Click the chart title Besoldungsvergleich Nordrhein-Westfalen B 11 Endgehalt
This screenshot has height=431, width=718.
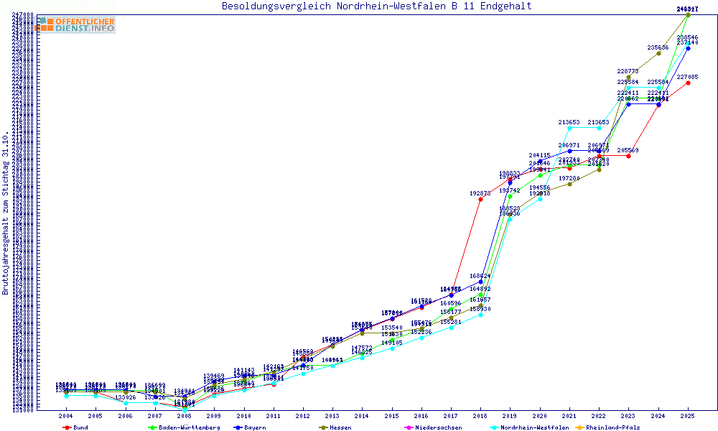click(x=377, y=6)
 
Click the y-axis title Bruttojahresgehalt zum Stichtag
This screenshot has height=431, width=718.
click(x=6, y=213)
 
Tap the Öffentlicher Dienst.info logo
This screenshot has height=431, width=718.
click(x=76, y=25)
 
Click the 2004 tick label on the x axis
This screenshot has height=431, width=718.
click(x=65, y=416)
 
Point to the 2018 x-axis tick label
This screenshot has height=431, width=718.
click(x=480, y=416)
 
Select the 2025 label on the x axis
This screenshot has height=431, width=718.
click(x=688, y=416)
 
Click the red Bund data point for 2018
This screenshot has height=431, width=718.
click(x=480, y=199)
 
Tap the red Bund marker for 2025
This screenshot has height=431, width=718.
click(x=688, y=83)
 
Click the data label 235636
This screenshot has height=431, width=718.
click(x=658, y=47)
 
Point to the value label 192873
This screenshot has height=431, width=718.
click(x=480, y=193)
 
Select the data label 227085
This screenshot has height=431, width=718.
click(x=687, y=77)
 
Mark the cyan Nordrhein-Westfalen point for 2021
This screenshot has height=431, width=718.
click(x=569, y=128)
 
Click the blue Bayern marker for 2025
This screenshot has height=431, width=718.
click(x=688, y=48)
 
